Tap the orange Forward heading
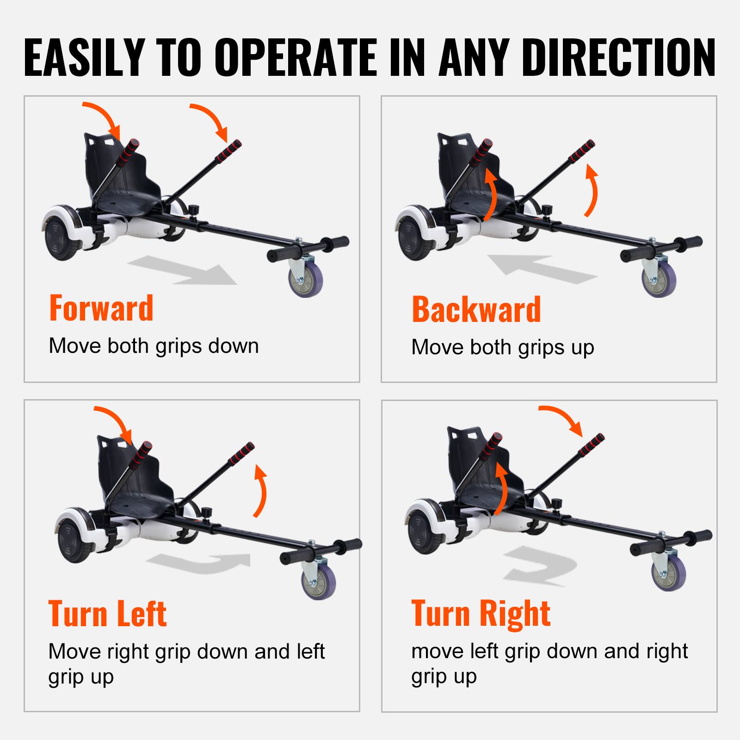coord(101,308)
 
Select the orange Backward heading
coord(476,309)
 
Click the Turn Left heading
coord(107,614)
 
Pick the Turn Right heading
coord(481,613)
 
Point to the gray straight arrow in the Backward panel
coord(541,269)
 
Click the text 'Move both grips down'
coord(154,346)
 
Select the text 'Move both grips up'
coord(502,347)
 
